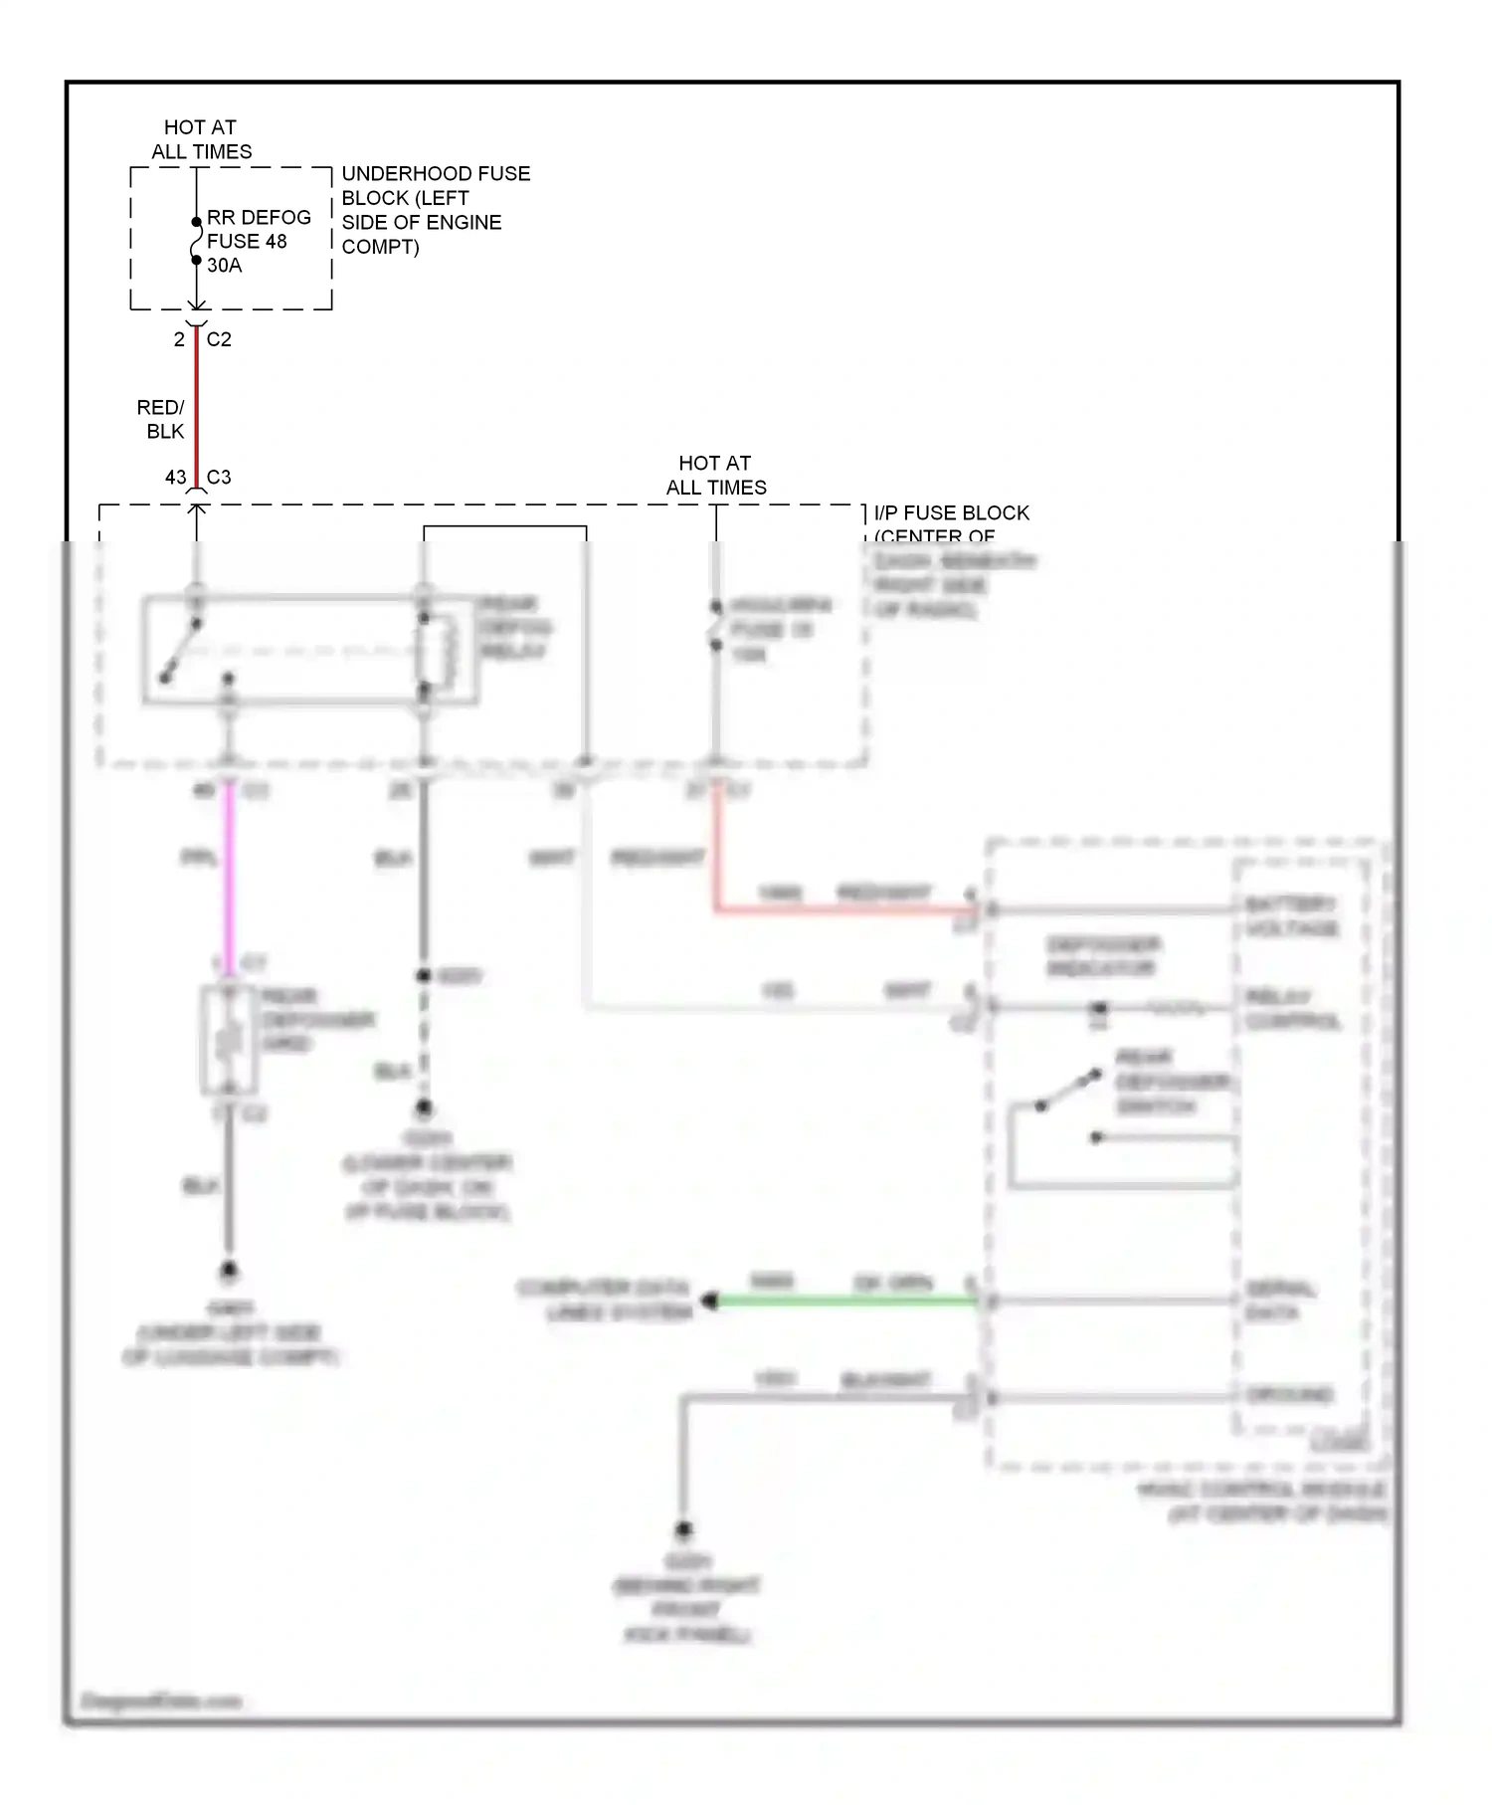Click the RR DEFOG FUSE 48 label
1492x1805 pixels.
tap(258, 229)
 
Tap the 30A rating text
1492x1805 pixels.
tap(225, 266)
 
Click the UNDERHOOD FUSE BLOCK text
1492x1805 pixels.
tap(435, 210)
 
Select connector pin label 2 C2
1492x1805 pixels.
tap(202, 339)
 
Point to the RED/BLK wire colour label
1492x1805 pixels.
tap(161, 420)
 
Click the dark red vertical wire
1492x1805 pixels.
tap(196, 408)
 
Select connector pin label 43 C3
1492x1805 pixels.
tap(199, 478)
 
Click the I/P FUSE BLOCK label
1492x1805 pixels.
tap(951, 513)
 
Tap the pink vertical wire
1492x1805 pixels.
tap(229, 876)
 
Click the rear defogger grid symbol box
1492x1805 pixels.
tap(229, 1040)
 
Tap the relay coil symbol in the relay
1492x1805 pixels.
tap(439, 652)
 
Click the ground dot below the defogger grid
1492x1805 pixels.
tap(229, 1271)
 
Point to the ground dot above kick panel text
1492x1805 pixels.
tap(683, 1529)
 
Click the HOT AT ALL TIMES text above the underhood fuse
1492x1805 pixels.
tap(201, 139)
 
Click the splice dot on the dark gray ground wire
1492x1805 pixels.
tap(424, 976)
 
